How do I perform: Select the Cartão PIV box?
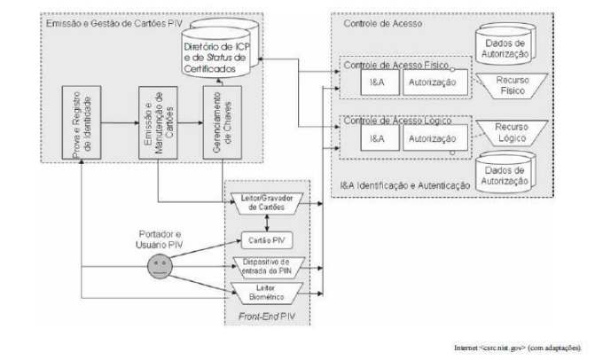(x=266, y=240)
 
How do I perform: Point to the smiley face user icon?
(x=158, y=264)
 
